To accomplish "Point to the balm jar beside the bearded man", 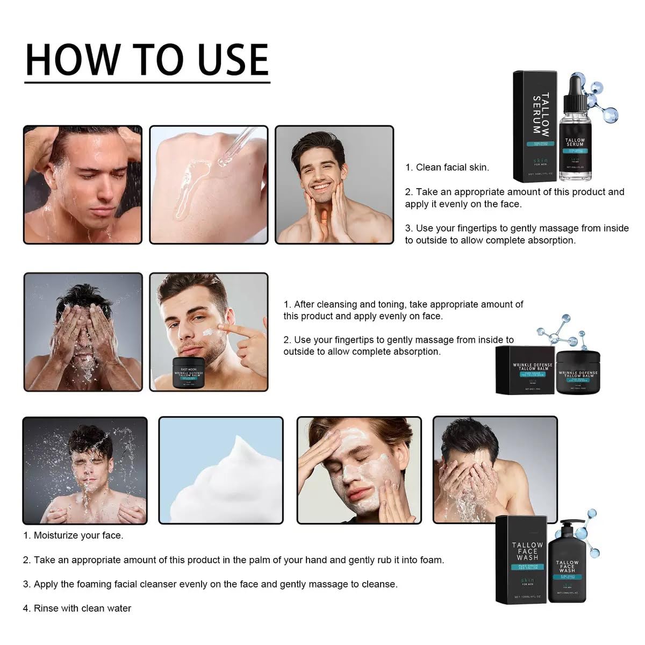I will click(x=188, y=371).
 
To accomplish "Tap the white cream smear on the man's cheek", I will click(x=207, y=333).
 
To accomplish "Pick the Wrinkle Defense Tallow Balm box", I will click(x=524, y=370).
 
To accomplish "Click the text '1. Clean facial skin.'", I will click(x=447, y=167).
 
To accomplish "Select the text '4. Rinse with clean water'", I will click(x=77, y=608).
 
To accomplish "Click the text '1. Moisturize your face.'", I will click(x=73, y=535).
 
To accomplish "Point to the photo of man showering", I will click(x=83, y=185).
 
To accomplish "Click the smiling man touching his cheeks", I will click(x=334, y=185).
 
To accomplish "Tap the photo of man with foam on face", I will click(x=359, y=470).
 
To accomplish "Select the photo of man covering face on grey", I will click(x=83, y=332).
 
